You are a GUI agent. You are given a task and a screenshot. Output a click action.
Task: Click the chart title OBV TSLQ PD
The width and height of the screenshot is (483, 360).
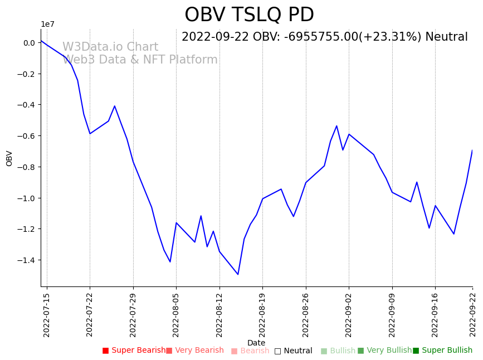pos(249,15)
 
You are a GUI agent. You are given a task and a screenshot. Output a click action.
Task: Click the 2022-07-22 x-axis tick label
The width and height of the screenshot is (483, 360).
pos(90,314)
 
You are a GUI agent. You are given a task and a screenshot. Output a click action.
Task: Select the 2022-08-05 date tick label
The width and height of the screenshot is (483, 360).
pos(176,314)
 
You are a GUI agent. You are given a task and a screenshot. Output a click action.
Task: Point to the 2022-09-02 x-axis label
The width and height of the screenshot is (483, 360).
pos(349,314)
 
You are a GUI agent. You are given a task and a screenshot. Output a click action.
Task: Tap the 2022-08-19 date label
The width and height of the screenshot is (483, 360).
pos(262,314)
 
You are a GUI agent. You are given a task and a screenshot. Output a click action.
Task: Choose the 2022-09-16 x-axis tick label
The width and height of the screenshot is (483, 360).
pos(435,314)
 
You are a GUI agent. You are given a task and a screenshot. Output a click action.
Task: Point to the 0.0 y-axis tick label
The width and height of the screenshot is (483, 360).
pos(29,43)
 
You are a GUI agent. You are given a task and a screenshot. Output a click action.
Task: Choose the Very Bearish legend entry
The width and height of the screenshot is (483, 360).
pos(195,351)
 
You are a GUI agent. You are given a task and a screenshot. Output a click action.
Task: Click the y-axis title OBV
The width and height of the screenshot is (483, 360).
pos(9,158)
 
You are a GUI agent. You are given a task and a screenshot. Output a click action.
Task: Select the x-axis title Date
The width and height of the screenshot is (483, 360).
pos(256,343)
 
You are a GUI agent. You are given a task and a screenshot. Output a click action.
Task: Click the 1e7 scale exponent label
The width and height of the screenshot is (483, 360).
pos(48,24)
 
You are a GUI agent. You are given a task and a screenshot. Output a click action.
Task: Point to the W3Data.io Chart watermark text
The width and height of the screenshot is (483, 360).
pos(110,47)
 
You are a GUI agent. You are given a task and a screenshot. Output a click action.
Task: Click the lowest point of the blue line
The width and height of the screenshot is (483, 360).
pos(238,274)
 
